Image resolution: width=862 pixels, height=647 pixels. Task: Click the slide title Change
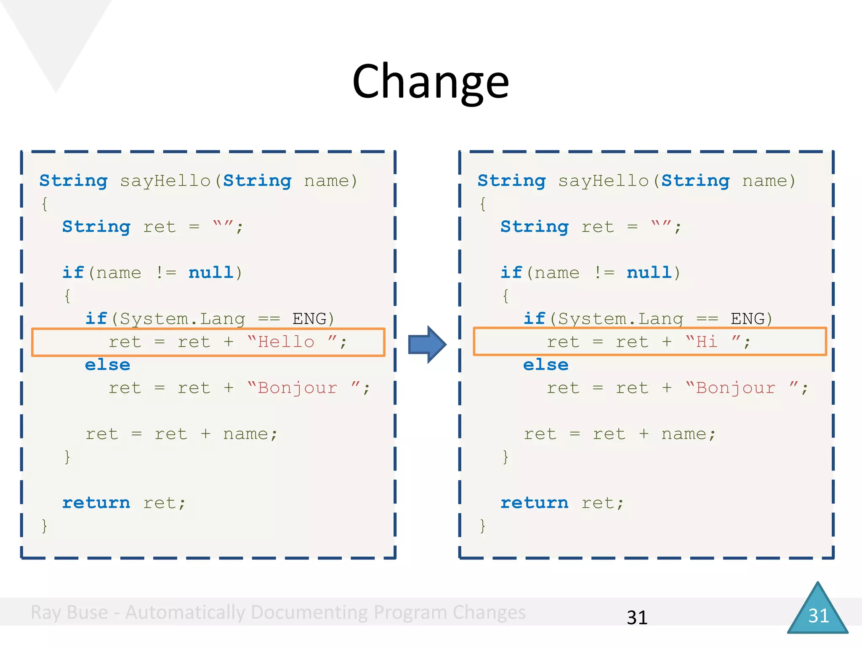click(431, 81)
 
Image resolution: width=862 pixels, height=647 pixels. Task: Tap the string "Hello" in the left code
click(286, 342)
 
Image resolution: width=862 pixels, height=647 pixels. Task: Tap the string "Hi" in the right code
click(707, 342)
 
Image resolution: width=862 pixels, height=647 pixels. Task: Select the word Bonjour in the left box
click(298, 388)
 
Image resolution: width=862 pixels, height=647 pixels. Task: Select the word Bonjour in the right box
click(735, 388)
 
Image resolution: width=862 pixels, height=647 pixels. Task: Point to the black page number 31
click(637, 618)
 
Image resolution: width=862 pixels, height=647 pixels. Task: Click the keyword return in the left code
click(96, 503)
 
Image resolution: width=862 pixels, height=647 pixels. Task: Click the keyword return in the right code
click(535, 503)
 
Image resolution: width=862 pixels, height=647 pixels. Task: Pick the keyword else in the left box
click(108, 365)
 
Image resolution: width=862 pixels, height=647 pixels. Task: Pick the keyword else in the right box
click(546, 365)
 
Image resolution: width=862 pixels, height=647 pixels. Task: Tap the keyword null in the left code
click(211, 273)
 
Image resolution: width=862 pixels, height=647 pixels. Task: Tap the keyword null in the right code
click(649, 273)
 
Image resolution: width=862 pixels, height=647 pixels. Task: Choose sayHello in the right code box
click(604, 181)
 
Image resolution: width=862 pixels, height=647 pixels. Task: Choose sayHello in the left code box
click(165, 181)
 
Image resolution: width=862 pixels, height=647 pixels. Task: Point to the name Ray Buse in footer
click(69, 612)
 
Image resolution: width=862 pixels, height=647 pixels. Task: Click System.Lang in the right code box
click(621, 319)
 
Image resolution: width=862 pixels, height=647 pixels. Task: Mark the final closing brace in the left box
click(45, 526)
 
